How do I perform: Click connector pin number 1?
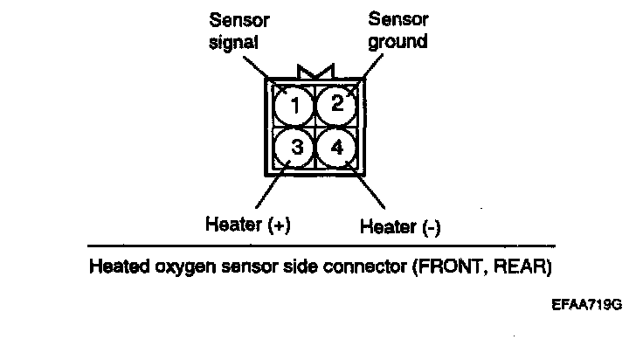pyautogui.click(x=294, y=107)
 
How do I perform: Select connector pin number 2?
pyautogui.click(x=335, y=105)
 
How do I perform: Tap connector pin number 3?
pyautogui.click(x=295, y=147)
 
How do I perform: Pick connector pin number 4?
pyautogui.click(x=336, y=146)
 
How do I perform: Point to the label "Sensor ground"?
pyautogui.click(x=398, y=29)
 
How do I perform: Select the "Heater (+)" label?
pyautogui.click(x=247, y=225)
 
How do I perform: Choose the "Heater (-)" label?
pyautogui.click(x=400, y=226)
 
